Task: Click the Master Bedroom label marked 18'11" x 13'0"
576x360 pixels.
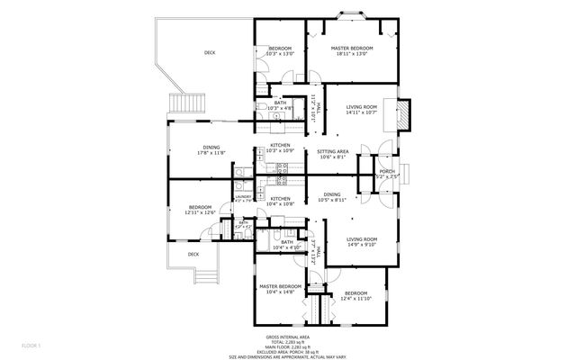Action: tap(352, 50)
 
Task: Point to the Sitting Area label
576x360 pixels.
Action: tap(333, 154)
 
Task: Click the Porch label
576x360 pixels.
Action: tap(386, 174)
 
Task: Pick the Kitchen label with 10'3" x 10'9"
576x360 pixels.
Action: tap(281, 148)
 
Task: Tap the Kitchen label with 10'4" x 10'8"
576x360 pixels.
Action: tap(281, 201)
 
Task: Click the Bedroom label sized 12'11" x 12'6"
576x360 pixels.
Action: tap(200, 210)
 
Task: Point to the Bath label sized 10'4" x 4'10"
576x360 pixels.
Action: tap(287, 244)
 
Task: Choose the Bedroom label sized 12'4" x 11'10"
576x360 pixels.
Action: tap(355, 295)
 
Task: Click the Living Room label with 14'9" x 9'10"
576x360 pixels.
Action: tap(362, 241)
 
